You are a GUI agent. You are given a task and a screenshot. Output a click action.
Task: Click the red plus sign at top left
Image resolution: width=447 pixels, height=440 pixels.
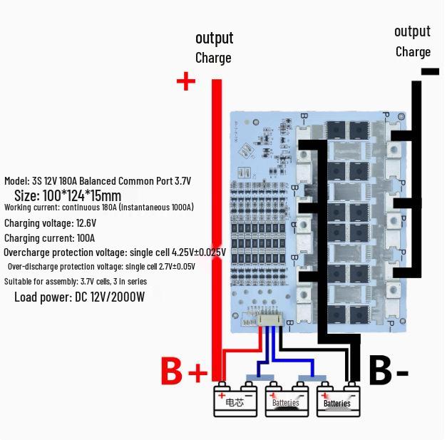click(185, 81)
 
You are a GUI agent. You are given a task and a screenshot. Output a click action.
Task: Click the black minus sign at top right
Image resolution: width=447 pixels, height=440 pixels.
click(430, 71)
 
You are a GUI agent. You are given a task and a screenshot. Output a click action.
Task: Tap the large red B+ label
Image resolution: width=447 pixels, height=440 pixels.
click(183, 372)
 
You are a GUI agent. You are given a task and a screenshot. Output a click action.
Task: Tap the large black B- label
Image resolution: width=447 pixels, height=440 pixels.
click(389, 372)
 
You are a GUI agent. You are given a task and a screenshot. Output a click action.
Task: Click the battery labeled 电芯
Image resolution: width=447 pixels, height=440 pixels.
click(235, 401)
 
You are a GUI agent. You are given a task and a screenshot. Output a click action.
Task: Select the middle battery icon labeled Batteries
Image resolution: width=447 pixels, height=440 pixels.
click(286, 401)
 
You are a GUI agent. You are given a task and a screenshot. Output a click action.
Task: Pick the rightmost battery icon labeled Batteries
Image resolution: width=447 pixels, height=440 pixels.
click(337, 401)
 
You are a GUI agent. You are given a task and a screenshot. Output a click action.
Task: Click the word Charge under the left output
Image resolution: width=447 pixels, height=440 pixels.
click(213, 58)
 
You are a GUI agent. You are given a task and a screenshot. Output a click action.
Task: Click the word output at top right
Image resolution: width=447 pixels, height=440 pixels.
click(412, 31)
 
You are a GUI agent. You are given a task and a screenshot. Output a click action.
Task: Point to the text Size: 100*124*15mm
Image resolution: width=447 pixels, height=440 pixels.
click(68, 195)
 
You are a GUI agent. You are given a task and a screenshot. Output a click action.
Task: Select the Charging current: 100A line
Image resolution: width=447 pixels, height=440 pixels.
click(49, 238)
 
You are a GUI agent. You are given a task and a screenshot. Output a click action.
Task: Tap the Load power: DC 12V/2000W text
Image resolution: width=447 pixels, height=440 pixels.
click(79, 297)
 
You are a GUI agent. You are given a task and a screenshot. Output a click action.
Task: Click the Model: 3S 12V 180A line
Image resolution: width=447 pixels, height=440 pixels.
click(98, 181)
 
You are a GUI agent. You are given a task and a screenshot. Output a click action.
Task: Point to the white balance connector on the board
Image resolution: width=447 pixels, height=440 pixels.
click(268, 320)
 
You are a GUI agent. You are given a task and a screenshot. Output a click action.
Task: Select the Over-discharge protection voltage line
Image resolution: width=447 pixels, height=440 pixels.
click(101, 267)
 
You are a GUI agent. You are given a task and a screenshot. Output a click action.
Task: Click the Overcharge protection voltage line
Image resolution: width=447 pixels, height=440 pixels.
click(114, 252)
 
